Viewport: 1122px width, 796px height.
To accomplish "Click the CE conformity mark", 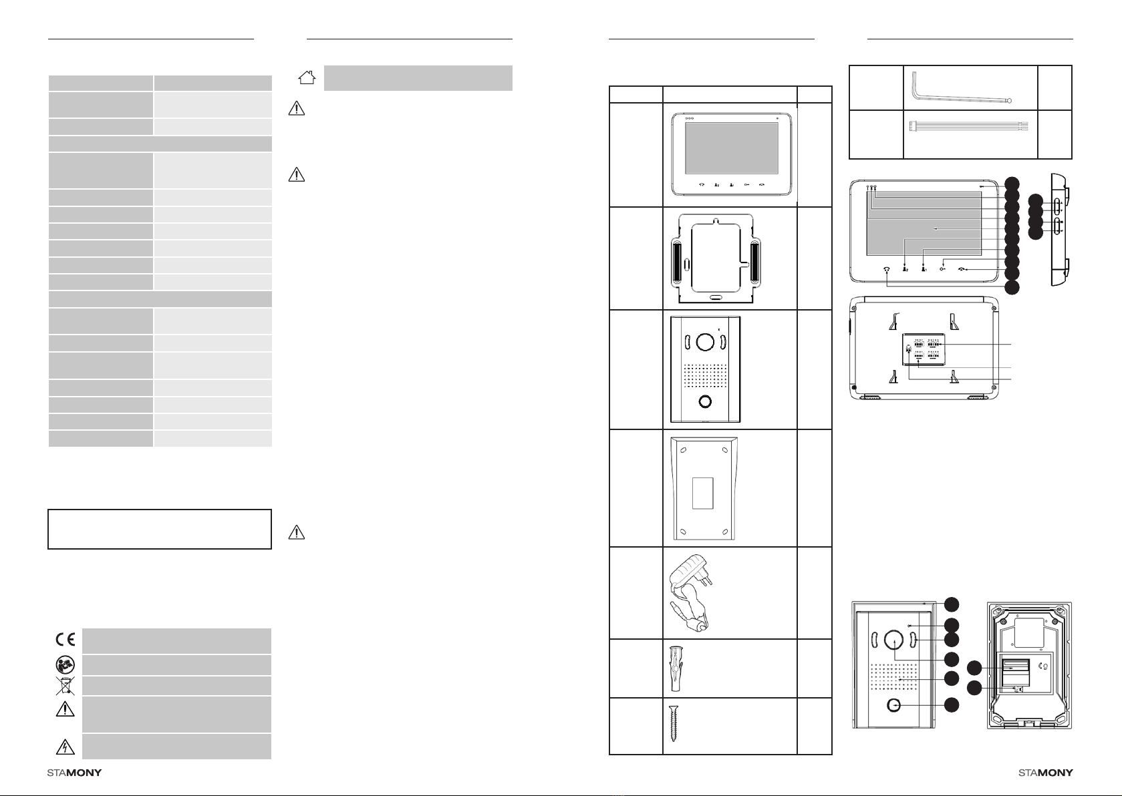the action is [65, 640].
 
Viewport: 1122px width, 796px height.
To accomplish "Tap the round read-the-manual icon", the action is [65, 665].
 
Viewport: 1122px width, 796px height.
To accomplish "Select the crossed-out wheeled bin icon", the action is [65, 686].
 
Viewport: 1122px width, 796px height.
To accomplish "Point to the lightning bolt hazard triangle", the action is [65, 747].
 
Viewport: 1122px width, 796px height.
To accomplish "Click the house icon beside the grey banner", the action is [307, 77].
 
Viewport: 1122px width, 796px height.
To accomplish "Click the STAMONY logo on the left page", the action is [74, 773].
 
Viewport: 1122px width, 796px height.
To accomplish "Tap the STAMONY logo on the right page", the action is [1045, 773].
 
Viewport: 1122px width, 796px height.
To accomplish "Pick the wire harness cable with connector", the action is [968, 127].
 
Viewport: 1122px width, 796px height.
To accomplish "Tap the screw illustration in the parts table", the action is [674, 723].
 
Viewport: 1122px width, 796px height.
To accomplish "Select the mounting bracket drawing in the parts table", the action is [715, 258].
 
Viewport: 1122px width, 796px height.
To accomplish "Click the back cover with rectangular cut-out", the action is [704, 489].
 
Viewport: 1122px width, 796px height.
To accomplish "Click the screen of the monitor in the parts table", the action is [731, 148].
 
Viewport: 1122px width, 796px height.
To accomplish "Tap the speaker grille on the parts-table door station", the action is [705, 375].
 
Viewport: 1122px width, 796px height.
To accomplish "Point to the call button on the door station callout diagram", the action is [893, 705].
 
